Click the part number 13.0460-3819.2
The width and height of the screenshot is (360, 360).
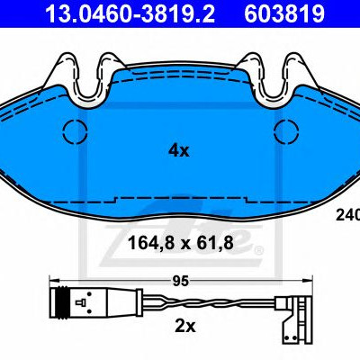coord(130,13)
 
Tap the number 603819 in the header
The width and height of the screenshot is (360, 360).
coord(284,13)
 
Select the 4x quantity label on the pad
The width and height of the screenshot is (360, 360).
coord(179,150)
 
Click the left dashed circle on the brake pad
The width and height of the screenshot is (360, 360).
coord(75,131)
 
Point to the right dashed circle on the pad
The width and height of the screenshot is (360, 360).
coord(286,131)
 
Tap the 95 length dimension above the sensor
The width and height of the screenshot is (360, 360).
coord(181,281)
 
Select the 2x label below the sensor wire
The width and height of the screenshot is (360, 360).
coord(185,327)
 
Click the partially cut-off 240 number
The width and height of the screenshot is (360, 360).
coord(348,215)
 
